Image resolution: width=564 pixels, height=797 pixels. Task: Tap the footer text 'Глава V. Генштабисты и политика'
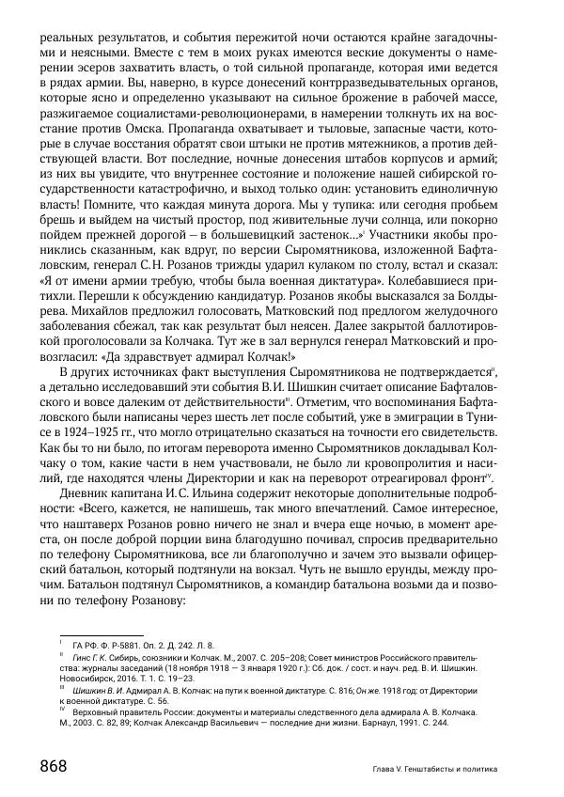[433, 769]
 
